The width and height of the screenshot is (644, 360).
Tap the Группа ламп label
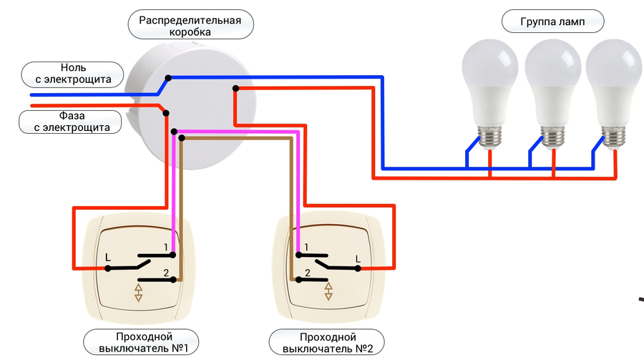[x=552, y=23]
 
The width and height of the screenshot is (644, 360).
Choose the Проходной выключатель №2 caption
[x=328, y=342]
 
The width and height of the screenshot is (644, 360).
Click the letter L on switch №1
[x=108, y=256]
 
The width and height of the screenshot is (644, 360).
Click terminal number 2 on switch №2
[x=307, y=273]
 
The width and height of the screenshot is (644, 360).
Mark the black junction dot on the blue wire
[x=167, y=77]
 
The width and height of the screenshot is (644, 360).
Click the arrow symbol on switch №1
[x=140, y=293]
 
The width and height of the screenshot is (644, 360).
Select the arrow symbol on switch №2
[x=328, y=291]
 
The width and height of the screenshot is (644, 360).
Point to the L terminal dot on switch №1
[x=108, y=268]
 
